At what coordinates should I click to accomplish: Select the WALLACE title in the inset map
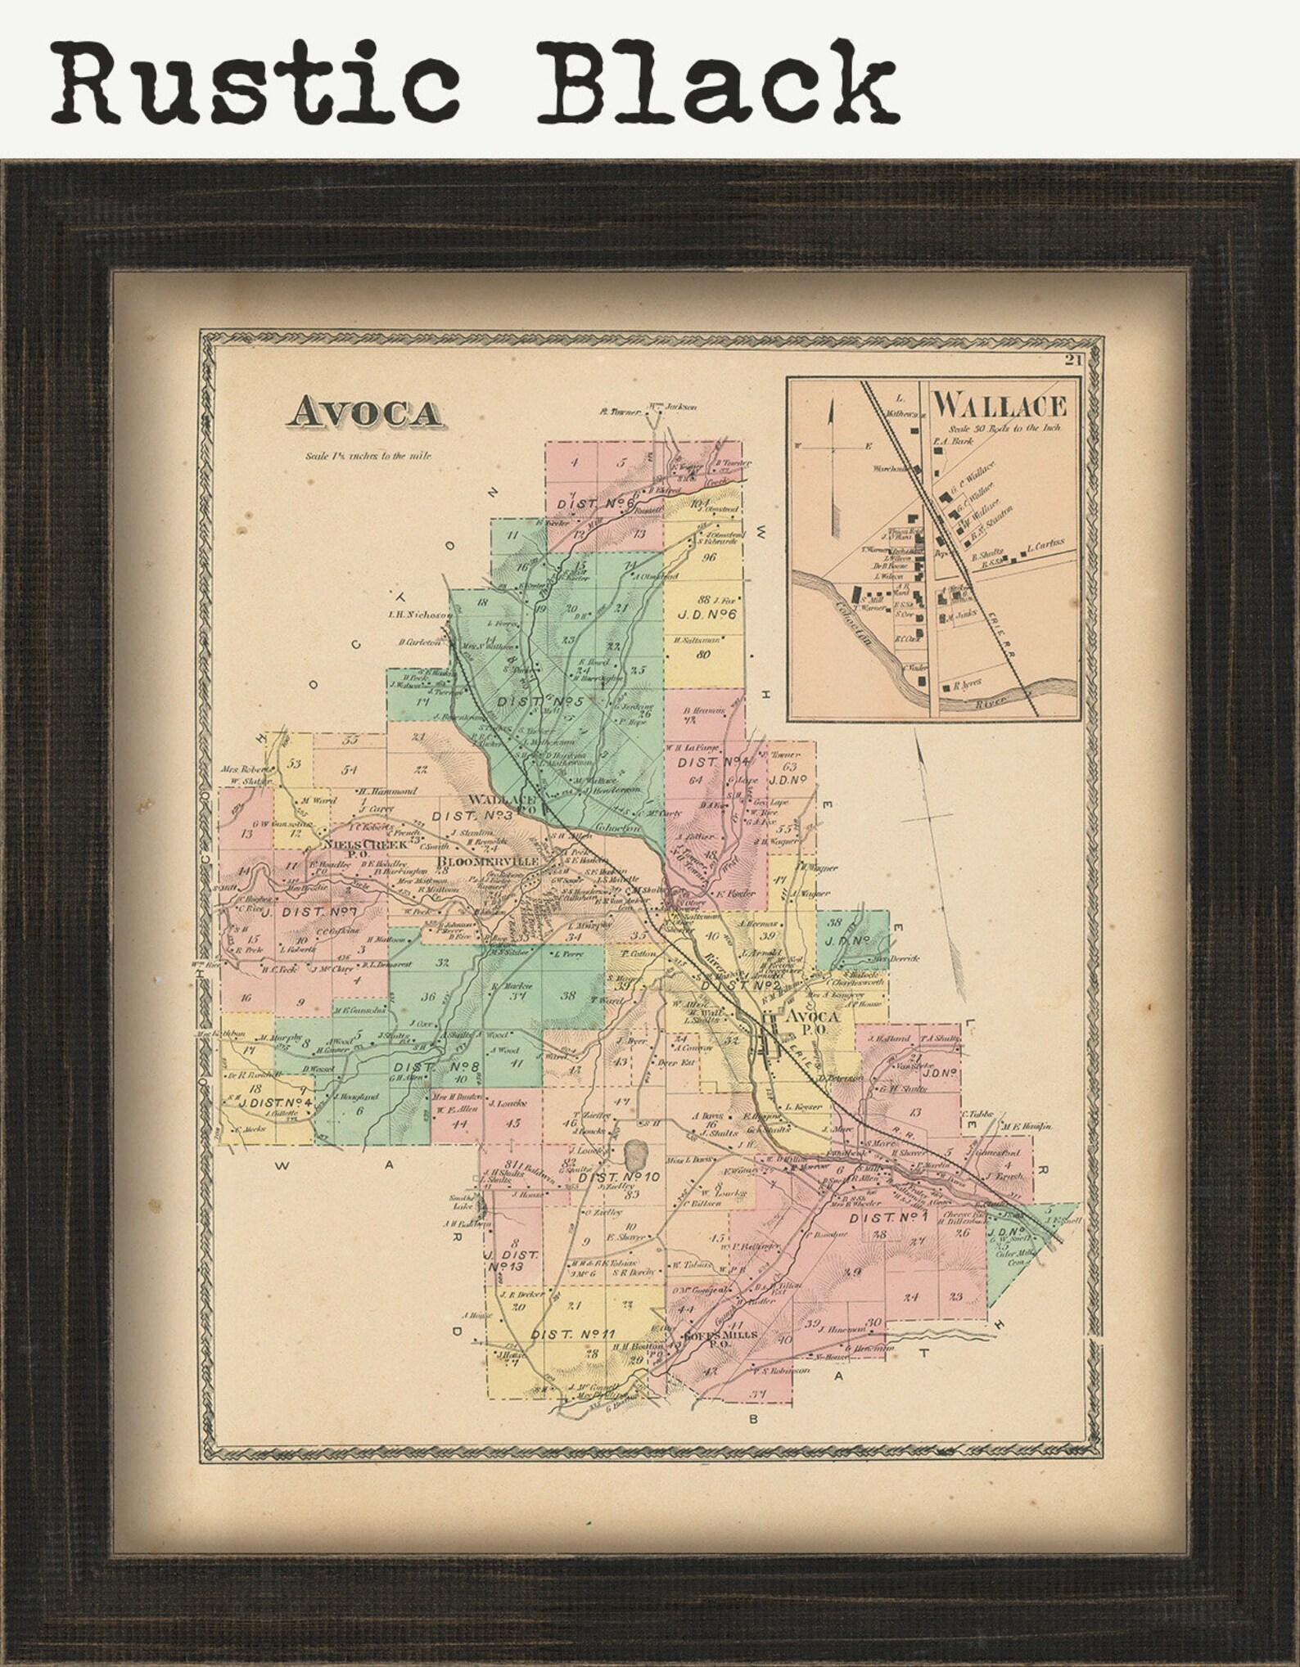pyautogui.click(x=1000, y=405)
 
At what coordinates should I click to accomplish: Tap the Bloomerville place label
pyautogui.click(x=490, y=862)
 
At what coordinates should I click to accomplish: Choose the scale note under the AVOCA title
pyautogui.click(x=368, y=455)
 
